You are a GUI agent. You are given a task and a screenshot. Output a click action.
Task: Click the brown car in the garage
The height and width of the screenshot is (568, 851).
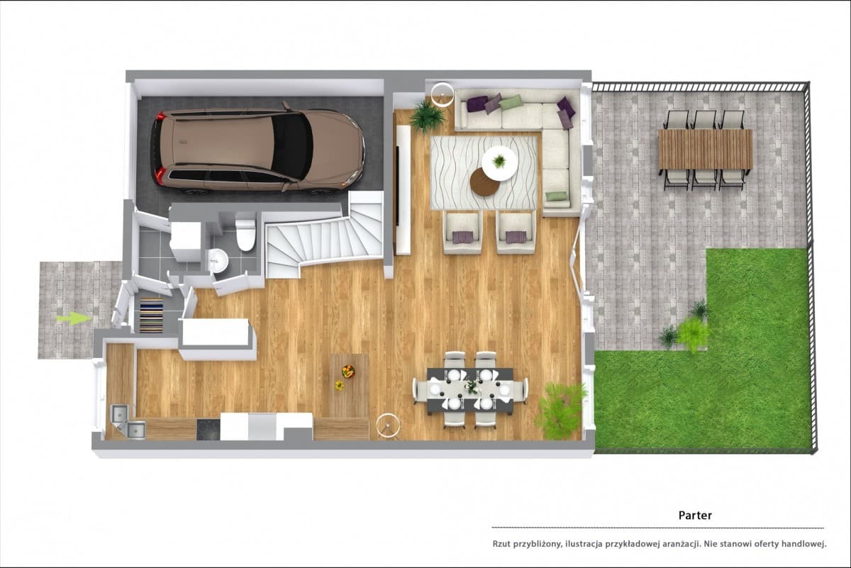point(258,148)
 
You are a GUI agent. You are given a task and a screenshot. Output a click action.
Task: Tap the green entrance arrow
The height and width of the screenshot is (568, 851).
point(74,318)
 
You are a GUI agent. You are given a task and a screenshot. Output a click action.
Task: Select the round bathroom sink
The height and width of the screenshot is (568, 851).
point(218,260)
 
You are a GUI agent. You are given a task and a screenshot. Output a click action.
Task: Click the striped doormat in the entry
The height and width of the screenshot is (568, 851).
point(152,316)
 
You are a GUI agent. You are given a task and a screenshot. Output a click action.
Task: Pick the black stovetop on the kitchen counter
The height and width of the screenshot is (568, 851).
point(208,429)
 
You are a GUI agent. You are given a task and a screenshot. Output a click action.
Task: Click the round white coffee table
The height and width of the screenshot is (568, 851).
point(499,163)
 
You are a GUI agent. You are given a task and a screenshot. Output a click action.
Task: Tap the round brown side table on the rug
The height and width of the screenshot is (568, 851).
point(485,182)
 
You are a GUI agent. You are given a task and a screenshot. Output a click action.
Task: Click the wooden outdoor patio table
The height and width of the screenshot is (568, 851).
point(706,150)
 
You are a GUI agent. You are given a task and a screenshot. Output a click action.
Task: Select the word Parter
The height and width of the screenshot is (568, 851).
point(695,516)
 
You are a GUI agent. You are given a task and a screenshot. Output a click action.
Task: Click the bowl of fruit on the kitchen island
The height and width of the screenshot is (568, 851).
point(348,371)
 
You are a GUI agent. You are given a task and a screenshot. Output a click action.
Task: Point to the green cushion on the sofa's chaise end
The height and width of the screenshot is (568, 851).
point(557,196)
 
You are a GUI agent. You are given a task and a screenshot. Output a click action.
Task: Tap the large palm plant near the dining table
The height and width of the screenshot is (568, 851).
point(560,411)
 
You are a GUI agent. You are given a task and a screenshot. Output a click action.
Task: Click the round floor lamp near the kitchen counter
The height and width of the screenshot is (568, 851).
point(388,425)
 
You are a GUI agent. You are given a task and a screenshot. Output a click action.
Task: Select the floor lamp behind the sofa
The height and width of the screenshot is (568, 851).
point(443,94)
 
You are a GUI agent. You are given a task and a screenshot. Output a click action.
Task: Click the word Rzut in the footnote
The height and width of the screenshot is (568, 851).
point(501,544)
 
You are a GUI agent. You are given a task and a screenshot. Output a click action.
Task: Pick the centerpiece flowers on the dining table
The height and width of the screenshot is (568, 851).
point(471,386)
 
